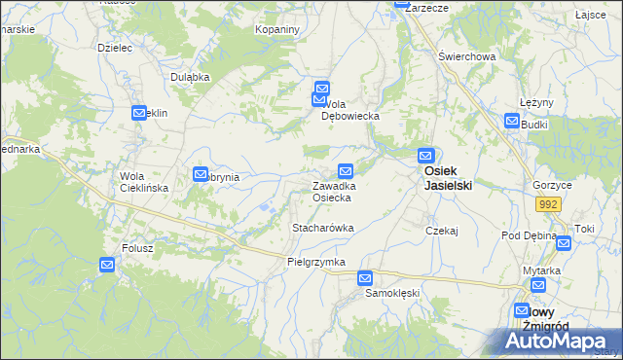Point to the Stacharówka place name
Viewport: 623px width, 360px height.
tap(322, 228)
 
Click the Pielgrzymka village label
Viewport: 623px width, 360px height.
tap(316, 263)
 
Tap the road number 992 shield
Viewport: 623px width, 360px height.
tap(548, 203)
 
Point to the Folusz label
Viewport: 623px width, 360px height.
tap(138, 248)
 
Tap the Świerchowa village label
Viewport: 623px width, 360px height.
tap(467, 56)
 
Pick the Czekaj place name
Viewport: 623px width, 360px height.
tap(441, 231)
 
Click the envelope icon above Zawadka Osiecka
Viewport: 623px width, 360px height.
tap(346, 170)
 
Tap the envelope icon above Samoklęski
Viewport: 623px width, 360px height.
tap(365, 277)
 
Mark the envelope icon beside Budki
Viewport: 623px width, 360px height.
tap(512, 121)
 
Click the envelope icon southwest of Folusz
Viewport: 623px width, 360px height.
tap(107, 265)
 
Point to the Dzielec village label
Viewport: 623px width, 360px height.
tap(115, 47)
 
